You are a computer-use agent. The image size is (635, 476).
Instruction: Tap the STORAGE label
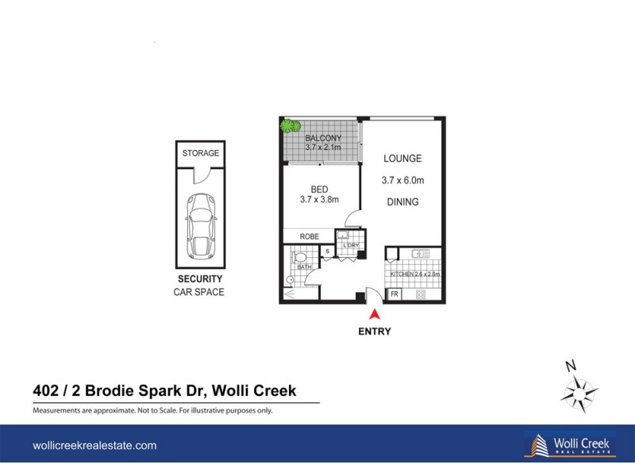tap(200, 153)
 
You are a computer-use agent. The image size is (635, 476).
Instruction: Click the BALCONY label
tap(323, 138)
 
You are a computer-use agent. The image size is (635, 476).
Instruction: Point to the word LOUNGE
tap(402, 159)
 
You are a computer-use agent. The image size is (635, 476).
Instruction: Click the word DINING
tap(402, 202)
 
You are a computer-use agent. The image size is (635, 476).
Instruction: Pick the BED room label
tap(319, 189)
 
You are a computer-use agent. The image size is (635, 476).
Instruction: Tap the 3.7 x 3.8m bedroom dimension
tap(319, 200)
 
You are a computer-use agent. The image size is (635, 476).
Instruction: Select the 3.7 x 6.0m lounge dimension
tap(402, 180)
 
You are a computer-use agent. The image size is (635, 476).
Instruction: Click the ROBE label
tap(310, 236)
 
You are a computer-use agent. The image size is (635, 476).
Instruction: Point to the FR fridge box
tap(394, 294)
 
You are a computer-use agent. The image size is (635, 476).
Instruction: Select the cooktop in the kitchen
tap(421, 294)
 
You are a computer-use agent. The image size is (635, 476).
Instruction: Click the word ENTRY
tap(375, 332)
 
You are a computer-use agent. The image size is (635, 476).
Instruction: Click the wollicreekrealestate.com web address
tap(94, 446)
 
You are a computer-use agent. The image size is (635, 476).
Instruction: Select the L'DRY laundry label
tap(351, 246)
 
